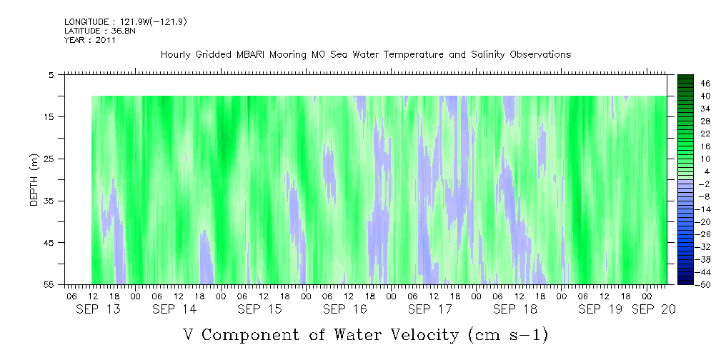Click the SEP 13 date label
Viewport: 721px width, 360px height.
coord(97,309)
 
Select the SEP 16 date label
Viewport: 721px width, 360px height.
coord(344,309)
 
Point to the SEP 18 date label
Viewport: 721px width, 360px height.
coord(514,309)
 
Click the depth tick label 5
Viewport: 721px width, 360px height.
coord(51,74)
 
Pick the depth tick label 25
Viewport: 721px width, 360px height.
coord(49,159)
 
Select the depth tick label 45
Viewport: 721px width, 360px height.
coord(49,243)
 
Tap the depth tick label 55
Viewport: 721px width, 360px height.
coord(49,284)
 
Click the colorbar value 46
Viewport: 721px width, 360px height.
coord(685,83)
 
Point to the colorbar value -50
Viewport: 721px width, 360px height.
coord(685,284)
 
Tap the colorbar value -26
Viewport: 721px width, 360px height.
coord(685,234)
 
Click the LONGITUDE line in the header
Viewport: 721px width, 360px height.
coord(126,22)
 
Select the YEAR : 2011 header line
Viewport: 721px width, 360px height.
coord(90,40)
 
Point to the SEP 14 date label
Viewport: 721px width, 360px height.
coord(174,309)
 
